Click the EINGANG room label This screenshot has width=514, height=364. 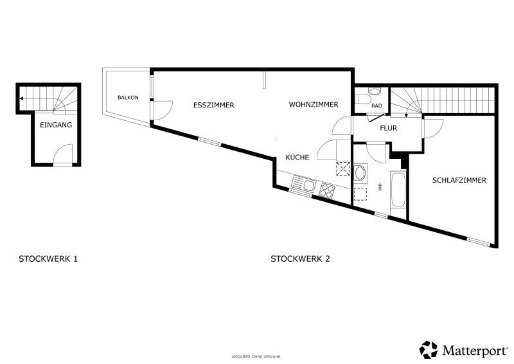pos(56,125)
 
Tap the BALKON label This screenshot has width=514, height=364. pos(128,98)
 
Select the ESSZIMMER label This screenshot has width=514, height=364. pos(214,105)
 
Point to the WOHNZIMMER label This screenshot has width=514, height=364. pos(314,105)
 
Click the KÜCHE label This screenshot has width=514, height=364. pos(297,157)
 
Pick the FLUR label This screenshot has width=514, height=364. pos(389,128)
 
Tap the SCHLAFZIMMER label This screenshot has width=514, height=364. pos(459,180)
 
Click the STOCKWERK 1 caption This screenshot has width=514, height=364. pos(48,259)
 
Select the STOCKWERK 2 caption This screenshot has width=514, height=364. pos(300,259)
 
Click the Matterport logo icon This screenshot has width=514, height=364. pos(429,350)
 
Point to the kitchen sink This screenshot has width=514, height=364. pos(304,184)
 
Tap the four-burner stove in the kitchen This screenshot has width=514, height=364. pos(327,190)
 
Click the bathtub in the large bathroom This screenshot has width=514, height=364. pos(398,189)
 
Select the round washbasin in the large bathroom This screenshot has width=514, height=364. pos(360,173)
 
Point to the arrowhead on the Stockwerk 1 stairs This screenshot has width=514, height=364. pos(21,98)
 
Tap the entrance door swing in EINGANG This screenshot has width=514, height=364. pos(63,153)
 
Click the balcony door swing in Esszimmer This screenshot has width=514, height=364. pos(163,110)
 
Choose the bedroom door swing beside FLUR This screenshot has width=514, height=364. pos(434,129)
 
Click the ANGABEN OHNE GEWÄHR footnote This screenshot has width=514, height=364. pos(256,357)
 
